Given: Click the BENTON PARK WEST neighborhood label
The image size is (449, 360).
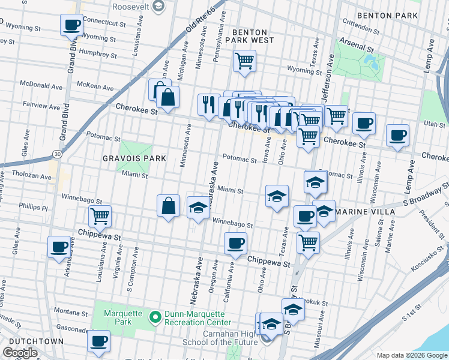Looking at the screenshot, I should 253,35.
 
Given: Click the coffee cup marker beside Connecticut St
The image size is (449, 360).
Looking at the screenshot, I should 72,26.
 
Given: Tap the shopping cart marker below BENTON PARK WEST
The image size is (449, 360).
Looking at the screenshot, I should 244,61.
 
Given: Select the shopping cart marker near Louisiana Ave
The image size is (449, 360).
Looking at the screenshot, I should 100,216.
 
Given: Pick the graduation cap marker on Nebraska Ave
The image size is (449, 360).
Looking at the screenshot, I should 199,208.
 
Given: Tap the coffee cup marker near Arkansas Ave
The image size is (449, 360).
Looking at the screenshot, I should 59,247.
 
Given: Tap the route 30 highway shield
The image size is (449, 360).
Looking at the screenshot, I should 56,154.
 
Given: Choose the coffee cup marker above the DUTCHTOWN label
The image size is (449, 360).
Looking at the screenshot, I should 99,341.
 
